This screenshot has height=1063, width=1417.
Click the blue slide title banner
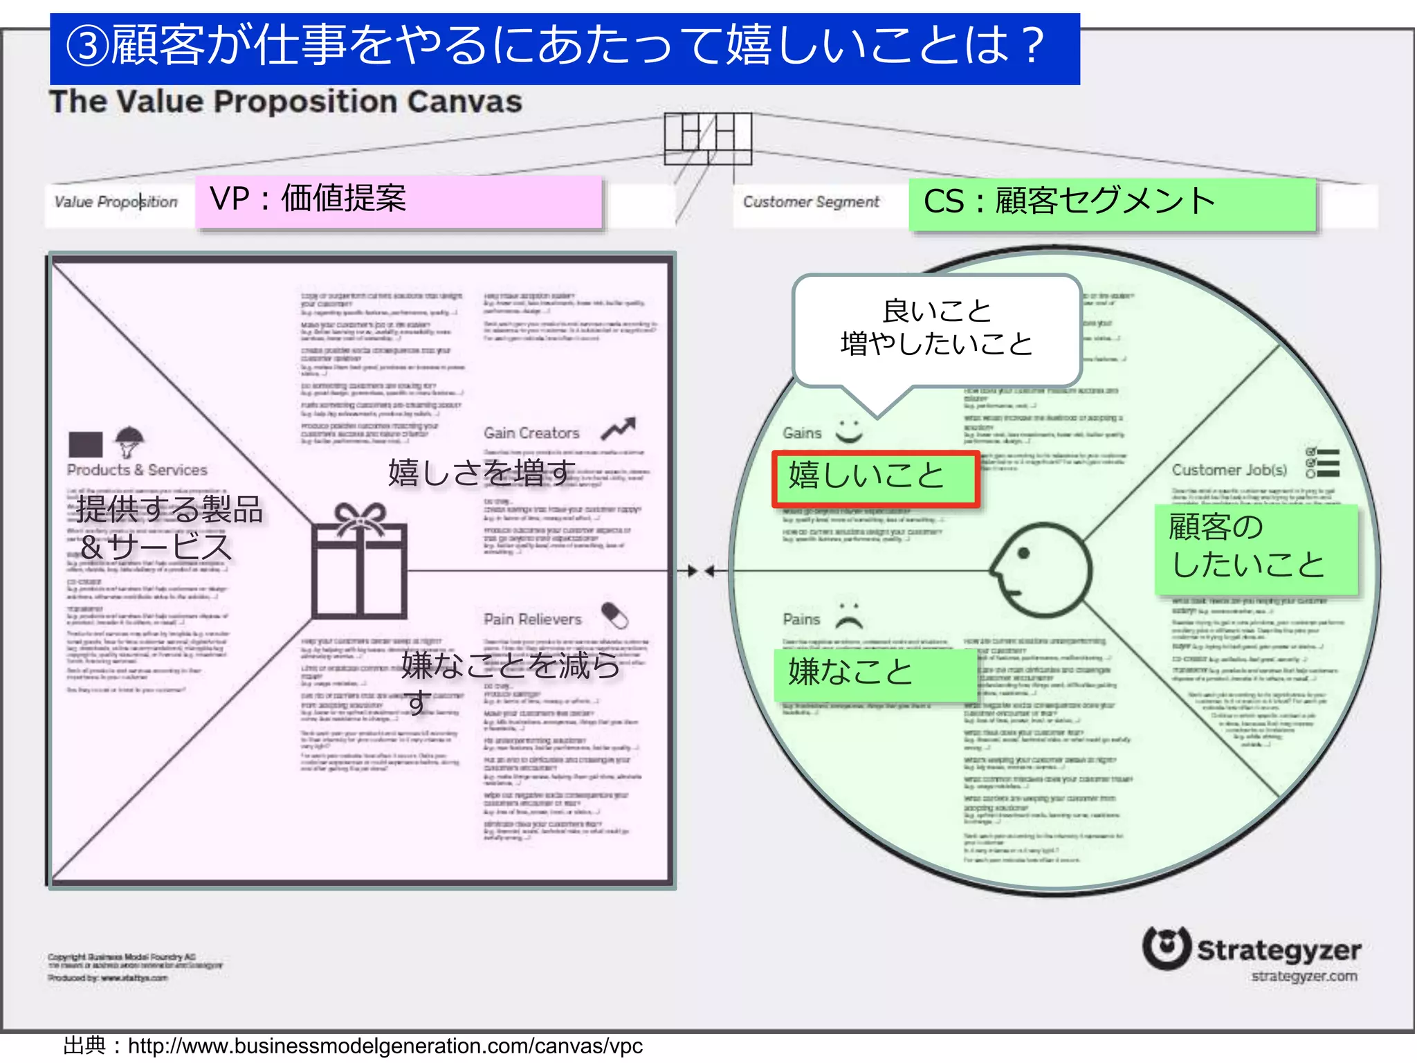[x=564, y=48]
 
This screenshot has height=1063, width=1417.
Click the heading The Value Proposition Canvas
[x=285, y=102]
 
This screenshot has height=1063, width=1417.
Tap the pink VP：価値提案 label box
[x=399, y=201]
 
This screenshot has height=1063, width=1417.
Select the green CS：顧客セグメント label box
[x=1112, y=203]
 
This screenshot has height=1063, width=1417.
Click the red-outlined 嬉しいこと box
[x=875, y=478]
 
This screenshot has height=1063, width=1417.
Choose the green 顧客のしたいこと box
[x=1255, y=549]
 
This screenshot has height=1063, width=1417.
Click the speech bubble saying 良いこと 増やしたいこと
[x=937, y=329]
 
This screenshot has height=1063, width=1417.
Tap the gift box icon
[x=359, y=561]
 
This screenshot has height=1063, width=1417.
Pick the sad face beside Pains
[x=849, y=615]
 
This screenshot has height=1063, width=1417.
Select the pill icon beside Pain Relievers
[x=614, y=615]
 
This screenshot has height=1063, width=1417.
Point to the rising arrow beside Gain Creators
[x=618, y=429]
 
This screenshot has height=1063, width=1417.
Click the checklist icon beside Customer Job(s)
[x=1322, y=463]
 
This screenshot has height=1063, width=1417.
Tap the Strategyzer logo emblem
[x=1167, y=947]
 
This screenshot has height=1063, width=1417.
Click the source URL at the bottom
[x=385, y=1046]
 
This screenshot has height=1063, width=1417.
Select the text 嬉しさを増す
[x=482, y=473]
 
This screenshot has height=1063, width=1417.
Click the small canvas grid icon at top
[x=708, y=138]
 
